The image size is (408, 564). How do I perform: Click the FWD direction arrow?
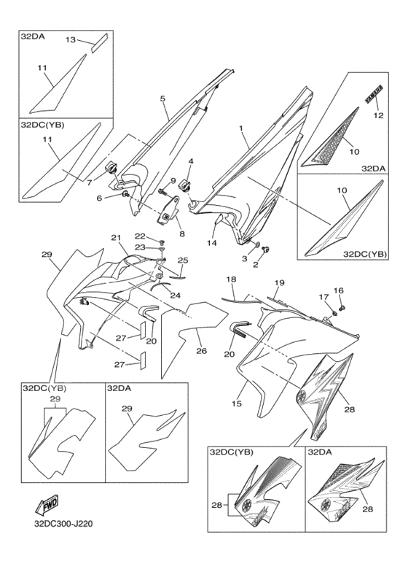pyautogui.click(x=47, y=504)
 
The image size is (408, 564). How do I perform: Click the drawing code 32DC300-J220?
pyautogui.click(x=63, y=524)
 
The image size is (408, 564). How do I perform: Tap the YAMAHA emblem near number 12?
pyautogui.click(x=374, y=95)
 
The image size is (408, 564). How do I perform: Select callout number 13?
pyautogui.click(x=71, y=39)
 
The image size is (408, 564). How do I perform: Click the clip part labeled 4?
pyautogui.click(x=184, y=186)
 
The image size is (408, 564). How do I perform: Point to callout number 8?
pyautogui.click(x=182, y=233)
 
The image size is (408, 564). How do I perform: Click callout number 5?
pyautogui.click(x=162, y=98)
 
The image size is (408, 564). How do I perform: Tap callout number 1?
pyautogui.click(x=241, y=128)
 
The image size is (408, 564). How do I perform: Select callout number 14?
pyautogui.click(x=211, y=243)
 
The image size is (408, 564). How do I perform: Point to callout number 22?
pyautogui.click(x=140, y=236)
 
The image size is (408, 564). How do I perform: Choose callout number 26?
pyautogui.click(x=202, y=350)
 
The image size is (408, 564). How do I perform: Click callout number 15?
pyautogui.click(x=237, y=403)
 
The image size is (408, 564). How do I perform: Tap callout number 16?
pyautogui.click(x=339, y=290)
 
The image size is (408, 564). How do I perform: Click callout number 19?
pyautogui.click(x=280, y=282)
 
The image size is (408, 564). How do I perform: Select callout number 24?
pyautogui.click(x=176, y=295)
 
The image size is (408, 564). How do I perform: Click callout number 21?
pyautogui.click(x=116, y=237)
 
